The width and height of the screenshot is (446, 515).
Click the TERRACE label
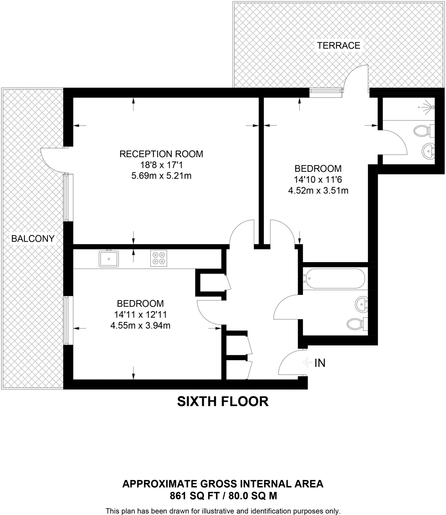click(338, 46)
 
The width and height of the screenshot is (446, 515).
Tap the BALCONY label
click(33, 238)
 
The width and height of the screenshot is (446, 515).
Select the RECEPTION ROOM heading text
click(161, 154)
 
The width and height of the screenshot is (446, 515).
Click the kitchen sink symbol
click(109, 258)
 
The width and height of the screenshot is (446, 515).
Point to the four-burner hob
click(159, 258)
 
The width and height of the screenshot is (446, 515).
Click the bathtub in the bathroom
click(334, 278)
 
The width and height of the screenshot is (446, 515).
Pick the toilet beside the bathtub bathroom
click(357, 323)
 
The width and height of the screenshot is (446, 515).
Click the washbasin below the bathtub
click(362, 305)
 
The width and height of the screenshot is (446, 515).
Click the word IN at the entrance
click(320, 363)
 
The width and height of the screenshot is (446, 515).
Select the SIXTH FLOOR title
click(223, 401)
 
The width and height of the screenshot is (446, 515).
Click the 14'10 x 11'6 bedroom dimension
click(318, 180)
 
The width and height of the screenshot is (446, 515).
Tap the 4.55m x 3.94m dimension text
click(140, 326)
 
